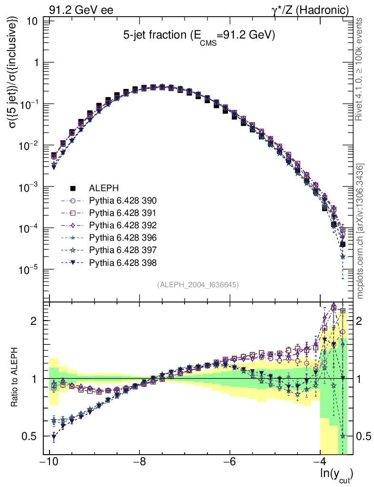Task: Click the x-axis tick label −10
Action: point(49,462)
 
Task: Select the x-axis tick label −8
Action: point(139,462)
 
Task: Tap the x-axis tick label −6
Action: point(230,462)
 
